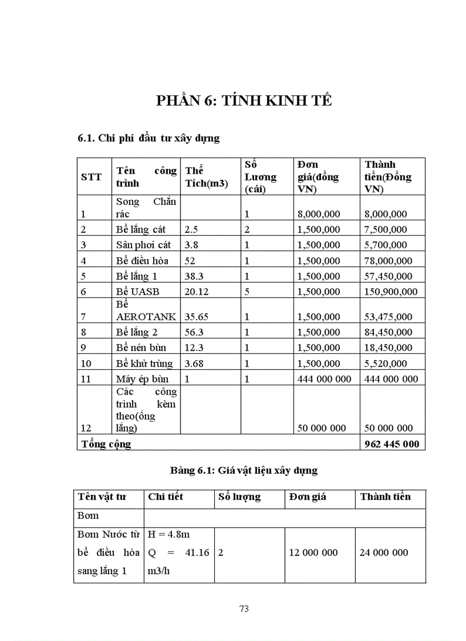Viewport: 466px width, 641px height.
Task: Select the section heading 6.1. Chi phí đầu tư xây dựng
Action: pyautogui.click(x=148, y=138)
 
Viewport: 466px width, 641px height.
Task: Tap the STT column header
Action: pyautogui.click(x=91, y=177)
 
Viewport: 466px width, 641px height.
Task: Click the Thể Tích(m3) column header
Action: pyautogui.click(x=206, y=177)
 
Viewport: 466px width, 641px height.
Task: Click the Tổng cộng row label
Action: pyautogui.click(x=106, y=444)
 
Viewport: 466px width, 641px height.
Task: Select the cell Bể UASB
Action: pyautogui.click(x=138, y=292)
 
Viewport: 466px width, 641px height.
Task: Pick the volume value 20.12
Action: pyautogui.click(x=197, y=292)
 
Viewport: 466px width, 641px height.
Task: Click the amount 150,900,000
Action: pyautogui.click(x=391, y=292)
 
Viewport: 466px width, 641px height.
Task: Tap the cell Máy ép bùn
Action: pyautogui.click(x=142, y=378)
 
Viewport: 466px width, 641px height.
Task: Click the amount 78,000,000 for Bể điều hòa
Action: pyautogui.click(x=388, y=261)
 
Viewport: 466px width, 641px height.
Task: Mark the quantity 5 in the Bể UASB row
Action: pyautogui.click(x=247, y=292)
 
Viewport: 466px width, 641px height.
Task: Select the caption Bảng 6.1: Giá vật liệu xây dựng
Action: pyautogui.click(x=244, y=470)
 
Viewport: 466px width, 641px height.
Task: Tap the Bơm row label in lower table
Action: pyautogui.click(x=89, y=516)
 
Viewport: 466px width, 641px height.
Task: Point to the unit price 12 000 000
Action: pyautogui.click(x=313, y=553)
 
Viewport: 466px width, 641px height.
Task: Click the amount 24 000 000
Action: pyautogui.click(x=384, y=553)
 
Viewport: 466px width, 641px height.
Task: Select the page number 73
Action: pyautogui.click(x=244, y=608)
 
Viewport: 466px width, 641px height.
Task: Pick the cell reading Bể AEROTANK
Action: pyautogui.click(x=146, y=311)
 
